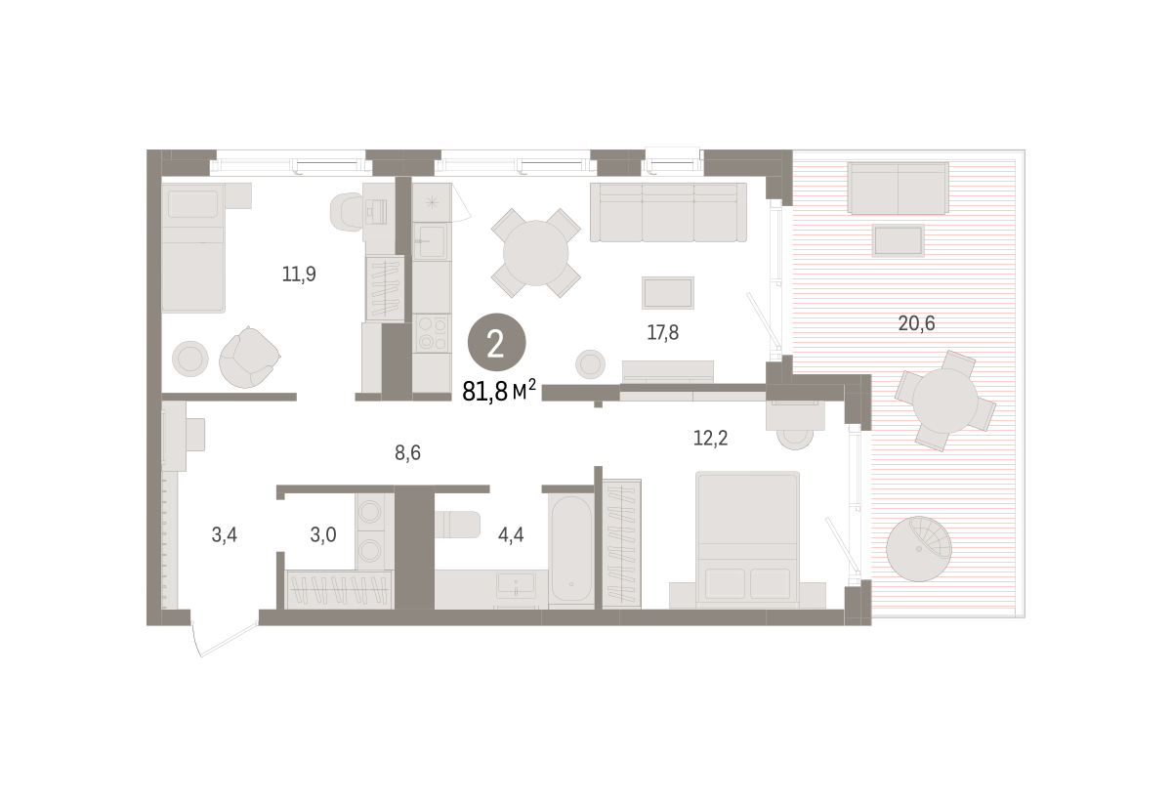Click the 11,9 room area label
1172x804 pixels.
coord(299,274)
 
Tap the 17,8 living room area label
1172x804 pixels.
coord(662,332)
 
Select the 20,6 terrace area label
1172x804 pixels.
coord(916,323)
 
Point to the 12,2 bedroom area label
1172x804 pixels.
coord(710,438)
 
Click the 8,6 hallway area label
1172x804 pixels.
coord(407,452)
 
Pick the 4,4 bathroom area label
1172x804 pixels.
coord(511,535)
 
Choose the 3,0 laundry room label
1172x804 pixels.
coord(323,535)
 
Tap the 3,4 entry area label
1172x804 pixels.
coord(224,535)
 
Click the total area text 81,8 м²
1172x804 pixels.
coord(499,391)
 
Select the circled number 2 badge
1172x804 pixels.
coord(496,342)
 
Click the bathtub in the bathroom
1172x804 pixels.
coord(570,550)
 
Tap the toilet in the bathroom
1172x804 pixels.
coord(457,525)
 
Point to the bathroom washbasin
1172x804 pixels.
coord(516,585)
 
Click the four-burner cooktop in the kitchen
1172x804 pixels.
coord(432,333)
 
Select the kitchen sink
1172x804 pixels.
coord(432,241)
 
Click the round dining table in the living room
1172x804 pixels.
coord(535,253)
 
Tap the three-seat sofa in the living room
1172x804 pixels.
coord(668,213)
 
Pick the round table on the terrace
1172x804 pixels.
coord(945,401)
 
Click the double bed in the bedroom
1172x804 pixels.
coord(747,539)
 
